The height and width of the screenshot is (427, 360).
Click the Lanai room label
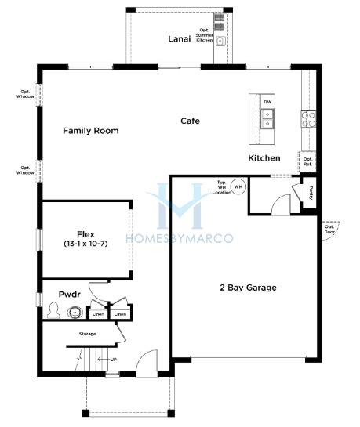(x=180, y=39)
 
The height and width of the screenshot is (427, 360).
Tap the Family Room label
(x=91, y=131)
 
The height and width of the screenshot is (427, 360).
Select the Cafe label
(x=191, y=121)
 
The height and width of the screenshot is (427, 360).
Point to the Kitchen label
(x=264, y=158)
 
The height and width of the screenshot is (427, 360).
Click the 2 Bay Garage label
(x=248, y=288)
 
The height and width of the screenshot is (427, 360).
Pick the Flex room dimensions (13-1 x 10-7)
(x=85, y=244)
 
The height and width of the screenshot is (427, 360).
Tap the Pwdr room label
(x=70, y=295)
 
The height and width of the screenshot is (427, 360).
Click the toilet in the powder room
(x=53, y=310)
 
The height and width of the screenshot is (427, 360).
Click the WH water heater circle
(x=238, y=186)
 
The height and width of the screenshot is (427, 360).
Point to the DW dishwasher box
(x=267, y=102)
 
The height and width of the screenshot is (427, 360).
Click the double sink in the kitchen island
(x=267, y=119)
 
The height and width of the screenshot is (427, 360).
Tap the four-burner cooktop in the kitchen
(x=308, y=119)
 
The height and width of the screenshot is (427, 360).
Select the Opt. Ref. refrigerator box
(x=307, y=161)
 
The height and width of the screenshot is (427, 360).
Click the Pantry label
(x=311, y=193)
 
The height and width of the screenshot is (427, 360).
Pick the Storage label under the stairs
(x=88, y=334)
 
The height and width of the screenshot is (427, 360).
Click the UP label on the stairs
(x=114, y=360)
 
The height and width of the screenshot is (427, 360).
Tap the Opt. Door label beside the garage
(x=329, y=230)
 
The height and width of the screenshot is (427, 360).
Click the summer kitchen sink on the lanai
(x=220, y=42)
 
